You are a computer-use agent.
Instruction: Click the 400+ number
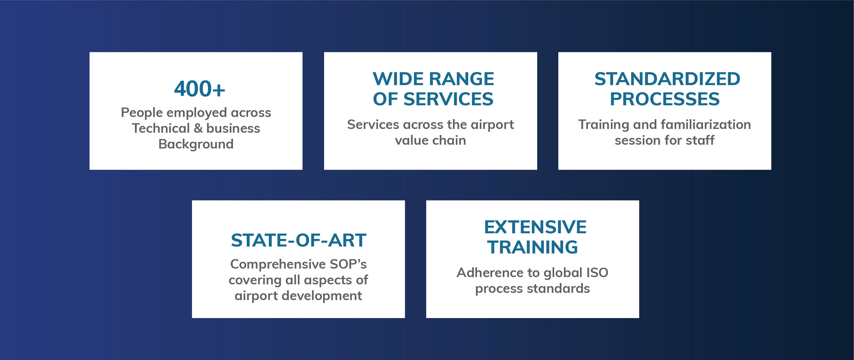coord(200,89)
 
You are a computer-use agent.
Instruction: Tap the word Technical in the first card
coord(161,128)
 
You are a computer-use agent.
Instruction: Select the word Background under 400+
coord(196,144)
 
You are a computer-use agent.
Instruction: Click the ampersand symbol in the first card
coord(198,128)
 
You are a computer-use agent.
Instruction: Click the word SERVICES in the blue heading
coord(449,99)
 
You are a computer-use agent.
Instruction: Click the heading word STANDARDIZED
coord(667,79)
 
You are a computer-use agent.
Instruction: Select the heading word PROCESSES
coord(665,99)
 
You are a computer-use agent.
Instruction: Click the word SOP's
coord(348,264)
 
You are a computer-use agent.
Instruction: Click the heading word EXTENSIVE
coord(535,227)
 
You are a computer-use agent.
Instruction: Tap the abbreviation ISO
coord(597,272)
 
